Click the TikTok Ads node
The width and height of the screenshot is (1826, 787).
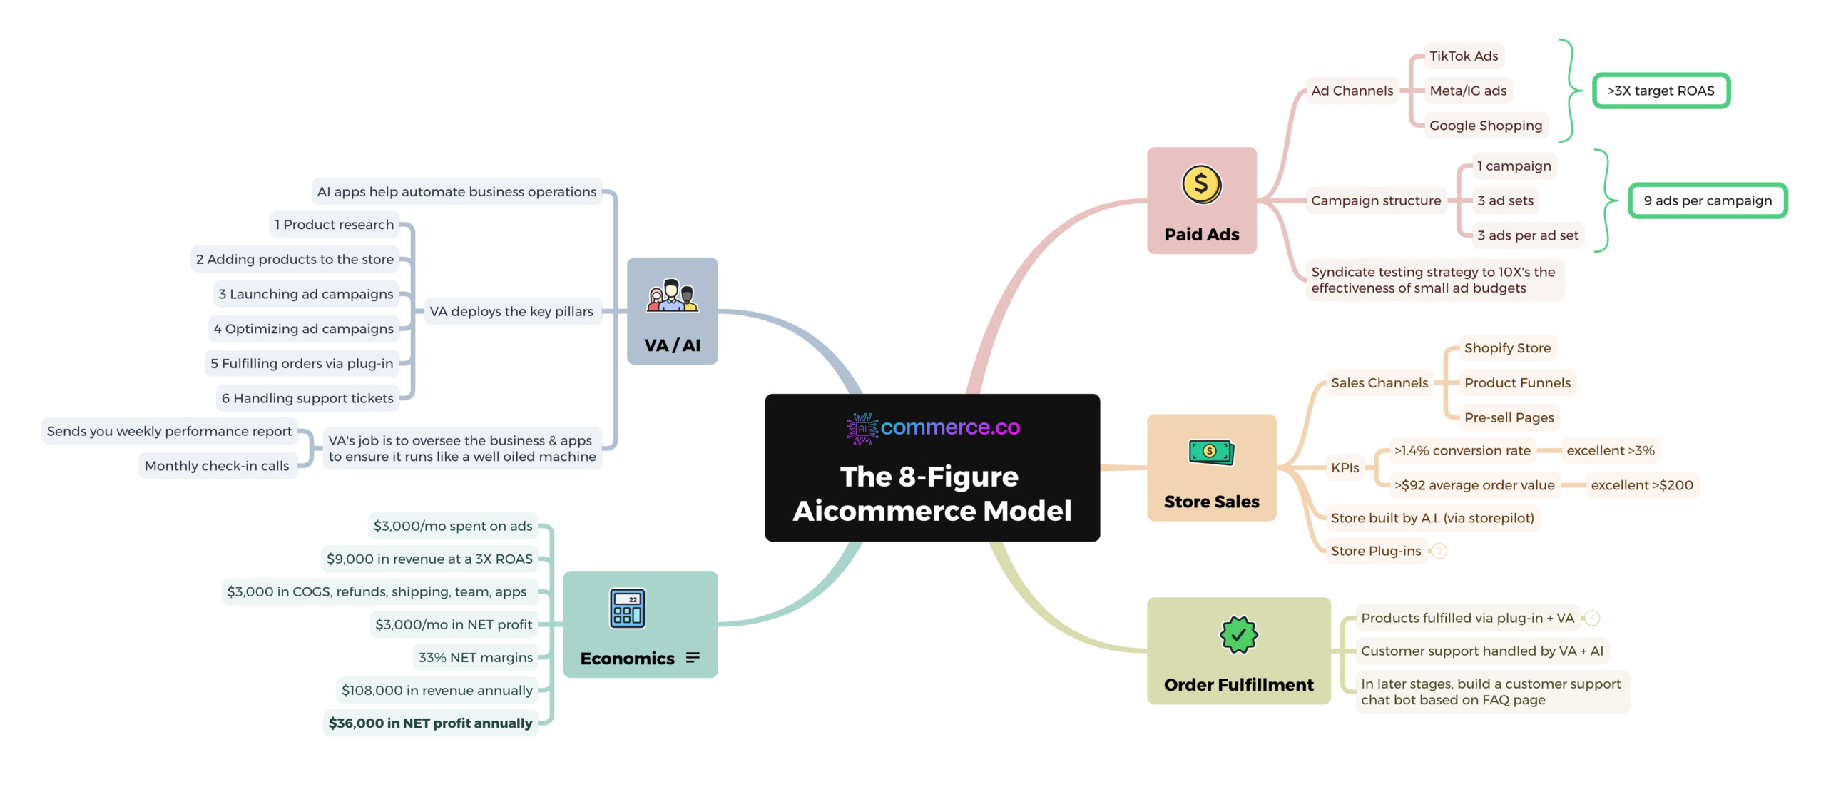click(x=1463, y=56)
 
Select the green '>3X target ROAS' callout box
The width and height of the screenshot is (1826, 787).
click(x=1661, y=91)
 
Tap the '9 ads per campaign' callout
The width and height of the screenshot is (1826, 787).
click(x=1707, y=200)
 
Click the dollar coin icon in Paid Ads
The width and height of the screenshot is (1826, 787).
click(x=1201, y=184)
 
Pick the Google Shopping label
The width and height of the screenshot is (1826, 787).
click(x=1485, y=126)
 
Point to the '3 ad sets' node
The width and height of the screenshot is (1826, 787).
click(x=1504, y=200)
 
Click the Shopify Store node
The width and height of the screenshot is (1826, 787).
click(x=1506, y=348)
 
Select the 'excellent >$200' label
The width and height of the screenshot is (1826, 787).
click(x=1641, y=485)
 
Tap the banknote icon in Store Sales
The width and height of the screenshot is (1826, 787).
click(x=1210, y=452)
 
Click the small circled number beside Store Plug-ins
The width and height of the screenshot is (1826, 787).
click(x=1439, y=551)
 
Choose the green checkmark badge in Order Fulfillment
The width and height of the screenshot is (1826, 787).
click(x=1238, y=634)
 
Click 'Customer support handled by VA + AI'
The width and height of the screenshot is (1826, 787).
click(x=1481, y=651)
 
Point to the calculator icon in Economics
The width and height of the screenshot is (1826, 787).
click(x=627, y=608)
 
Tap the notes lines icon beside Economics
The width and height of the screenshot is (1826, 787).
click(x=693, y=658)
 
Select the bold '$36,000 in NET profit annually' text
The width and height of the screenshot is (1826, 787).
click(x=430, y=723)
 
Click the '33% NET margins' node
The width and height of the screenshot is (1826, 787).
click(x=475, y=657)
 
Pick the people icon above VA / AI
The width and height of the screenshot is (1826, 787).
click(x=672, y=295)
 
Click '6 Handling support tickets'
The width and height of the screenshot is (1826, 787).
click(x=307, y=398)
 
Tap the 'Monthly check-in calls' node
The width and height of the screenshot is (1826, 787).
click(x=217, y=466)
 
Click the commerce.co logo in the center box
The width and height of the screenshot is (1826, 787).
click(x=932, y=428)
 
